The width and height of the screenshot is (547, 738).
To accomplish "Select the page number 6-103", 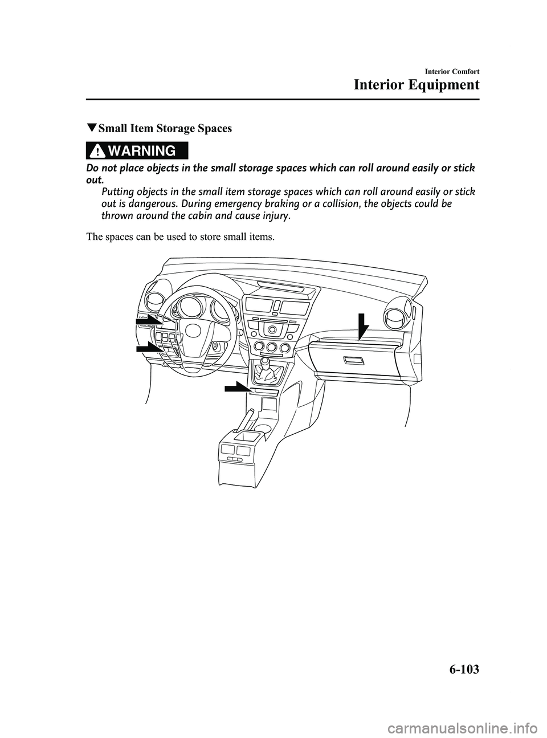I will [x=456, y=668].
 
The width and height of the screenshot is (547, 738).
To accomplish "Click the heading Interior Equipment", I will [x=416, y=85].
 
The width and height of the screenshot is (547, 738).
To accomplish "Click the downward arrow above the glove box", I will [x=360, y=330].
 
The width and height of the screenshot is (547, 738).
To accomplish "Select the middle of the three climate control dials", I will [x=271, y=347].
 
